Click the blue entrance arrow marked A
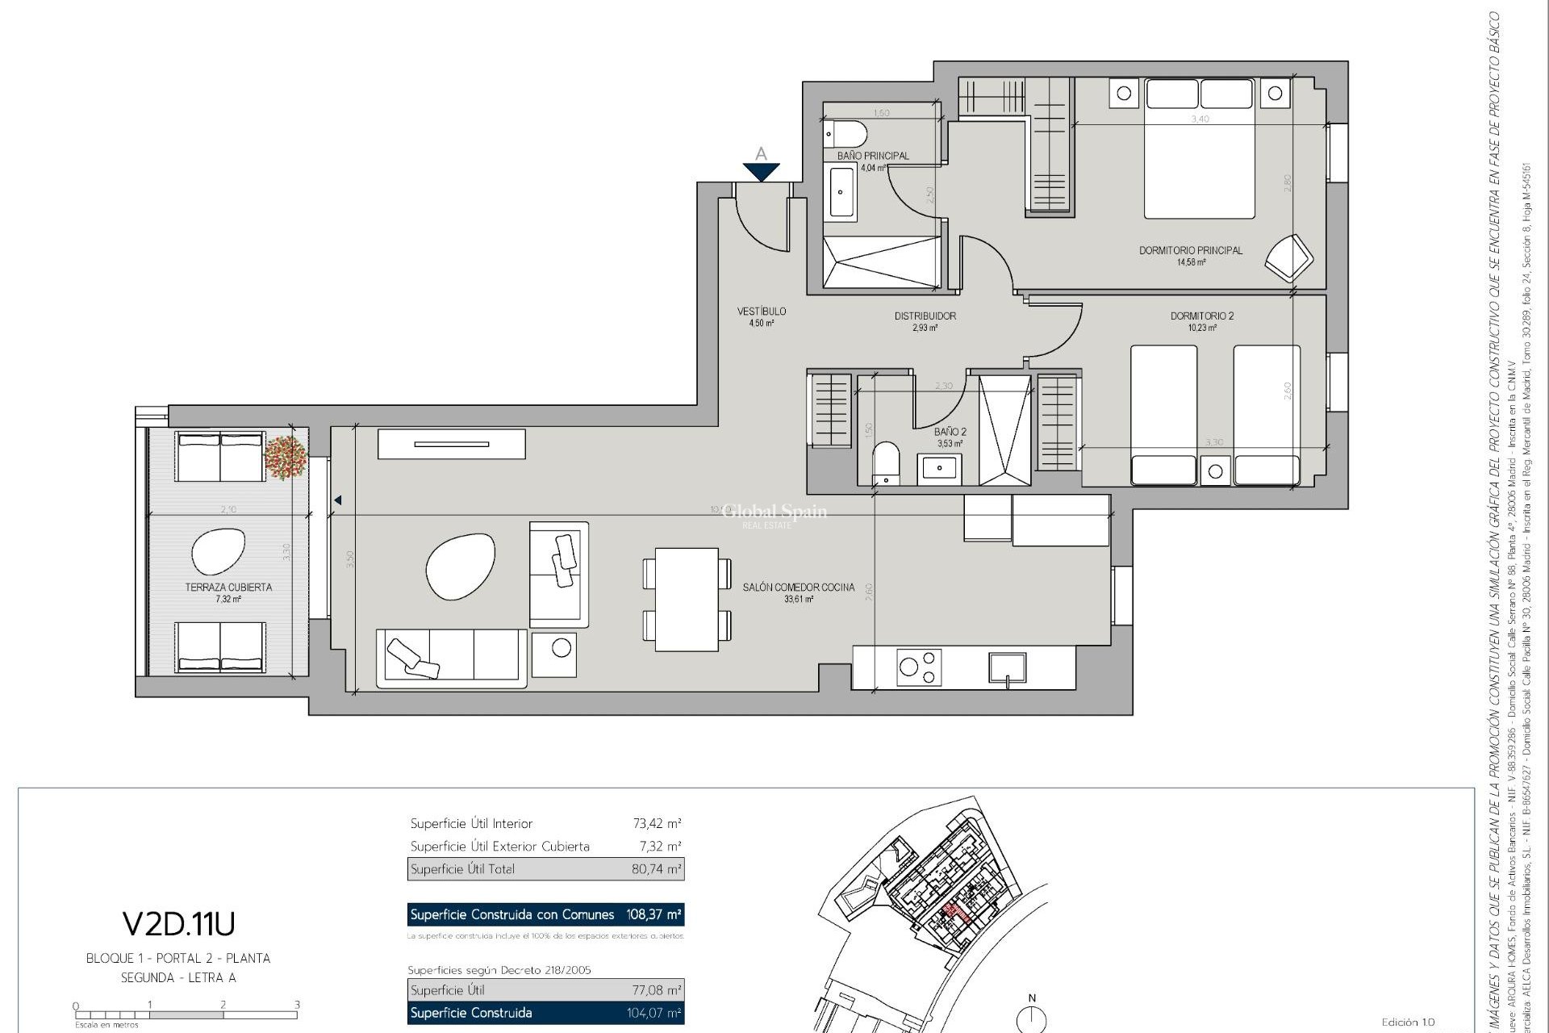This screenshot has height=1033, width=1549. (761, 171)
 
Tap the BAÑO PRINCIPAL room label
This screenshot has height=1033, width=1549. (873, 156)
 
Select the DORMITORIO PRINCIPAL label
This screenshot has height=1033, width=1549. (1190, 250)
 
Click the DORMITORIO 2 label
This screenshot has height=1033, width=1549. (1201, 316)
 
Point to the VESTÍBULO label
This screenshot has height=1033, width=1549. (761, 312)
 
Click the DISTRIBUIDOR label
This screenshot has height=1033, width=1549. (925, 316)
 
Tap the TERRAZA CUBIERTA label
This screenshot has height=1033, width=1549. (228, 588)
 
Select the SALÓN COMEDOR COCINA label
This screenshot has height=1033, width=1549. (798, 588)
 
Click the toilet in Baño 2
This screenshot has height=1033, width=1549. (886, 462)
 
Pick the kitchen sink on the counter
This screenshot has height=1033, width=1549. (1008, 668)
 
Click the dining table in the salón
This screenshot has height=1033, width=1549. (687, 599)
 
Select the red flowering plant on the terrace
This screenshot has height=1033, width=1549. (286, 458)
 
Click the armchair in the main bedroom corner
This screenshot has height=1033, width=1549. (1288, 257)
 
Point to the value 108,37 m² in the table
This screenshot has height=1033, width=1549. (653, 914)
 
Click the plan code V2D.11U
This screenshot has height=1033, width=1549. (178, 923)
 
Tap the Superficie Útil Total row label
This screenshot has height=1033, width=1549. (462, 869)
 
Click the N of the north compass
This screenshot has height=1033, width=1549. (1031, 998)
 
